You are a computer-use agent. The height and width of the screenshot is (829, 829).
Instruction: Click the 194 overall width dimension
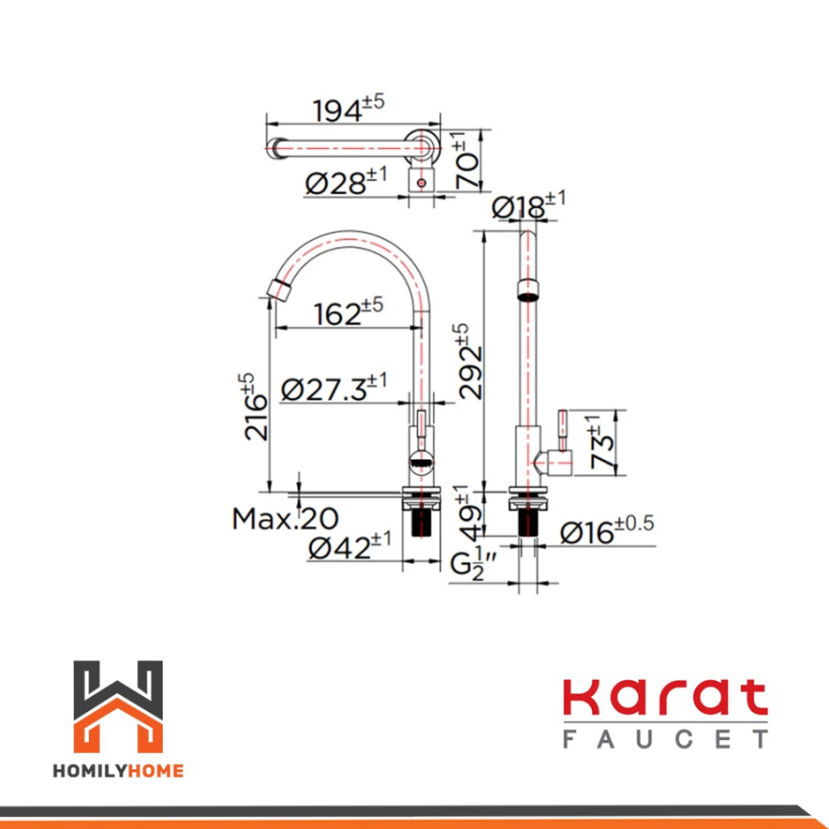click(348, 109)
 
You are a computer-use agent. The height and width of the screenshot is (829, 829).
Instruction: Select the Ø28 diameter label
click(346, 181)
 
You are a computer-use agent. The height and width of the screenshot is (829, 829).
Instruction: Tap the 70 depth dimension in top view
click(467, 160)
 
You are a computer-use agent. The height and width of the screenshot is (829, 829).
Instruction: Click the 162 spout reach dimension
click(348, 312)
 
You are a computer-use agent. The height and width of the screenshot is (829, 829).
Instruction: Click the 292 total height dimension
click(470, 362)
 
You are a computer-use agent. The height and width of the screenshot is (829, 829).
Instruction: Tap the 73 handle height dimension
click(602, 442)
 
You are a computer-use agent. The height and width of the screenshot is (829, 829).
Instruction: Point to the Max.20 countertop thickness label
click(285, 519)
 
